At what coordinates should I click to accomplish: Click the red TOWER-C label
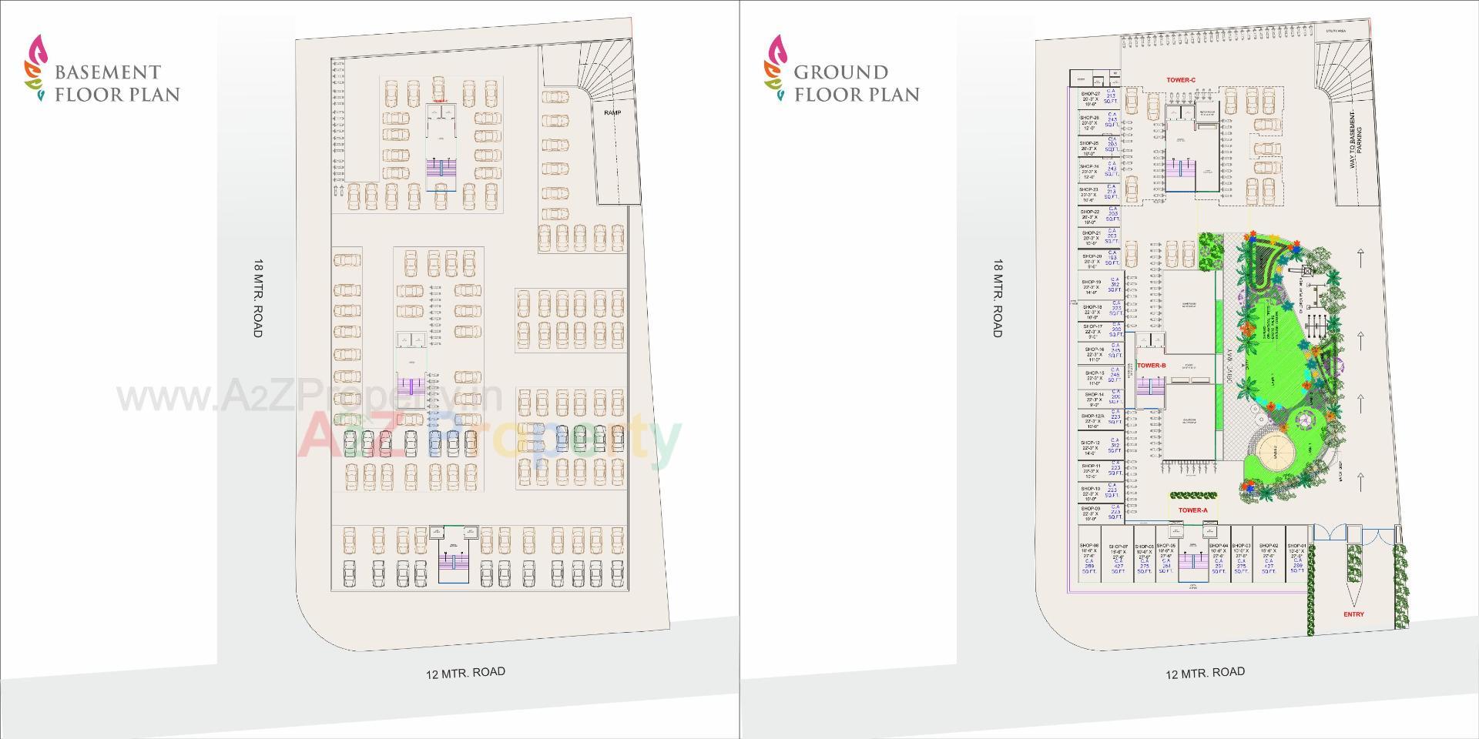coord(1180,80)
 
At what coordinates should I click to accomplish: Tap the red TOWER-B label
coord(1152,366)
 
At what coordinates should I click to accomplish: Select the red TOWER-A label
coord(1192,510)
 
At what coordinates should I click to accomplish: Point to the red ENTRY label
coord(1353,614)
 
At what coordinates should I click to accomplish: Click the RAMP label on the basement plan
coord(612,113)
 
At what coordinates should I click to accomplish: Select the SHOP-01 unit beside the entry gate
coord(1296,559)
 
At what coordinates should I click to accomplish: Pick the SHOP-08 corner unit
coord(1089,559)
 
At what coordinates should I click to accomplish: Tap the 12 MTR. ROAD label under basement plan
coord(465,673)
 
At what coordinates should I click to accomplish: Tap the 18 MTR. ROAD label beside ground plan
coord(998,298)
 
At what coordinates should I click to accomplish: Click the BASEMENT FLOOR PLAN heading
coord(116,83)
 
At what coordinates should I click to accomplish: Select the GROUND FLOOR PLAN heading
coord(857,83)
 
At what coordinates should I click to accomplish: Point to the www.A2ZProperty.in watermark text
coord(308,397)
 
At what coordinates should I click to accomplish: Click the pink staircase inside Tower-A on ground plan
coord(1192,563)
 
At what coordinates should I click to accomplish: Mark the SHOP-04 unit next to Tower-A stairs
coord(1218,559)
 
